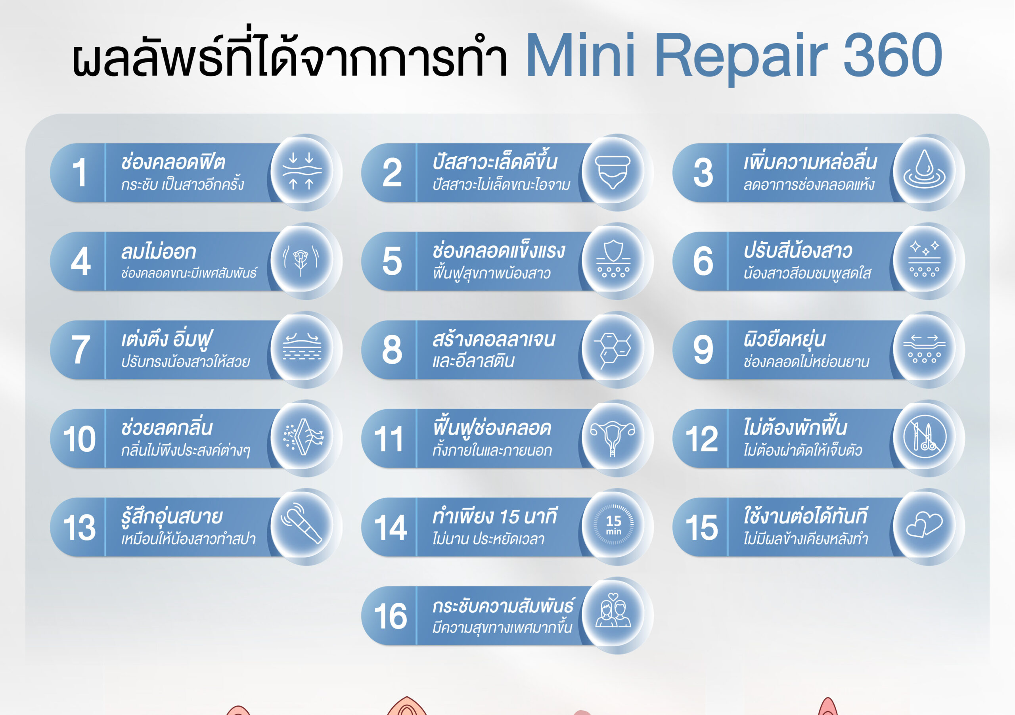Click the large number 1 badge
coord(80,173)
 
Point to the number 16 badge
coord(391,616)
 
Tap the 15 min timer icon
coord(613,524)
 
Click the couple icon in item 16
coord(613,611)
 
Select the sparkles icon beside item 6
coord(924,259)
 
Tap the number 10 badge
coord(79,439)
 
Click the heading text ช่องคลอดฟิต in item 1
coord(173,162)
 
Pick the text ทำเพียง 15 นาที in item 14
coord(495,516)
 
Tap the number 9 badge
coord(703,350)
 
